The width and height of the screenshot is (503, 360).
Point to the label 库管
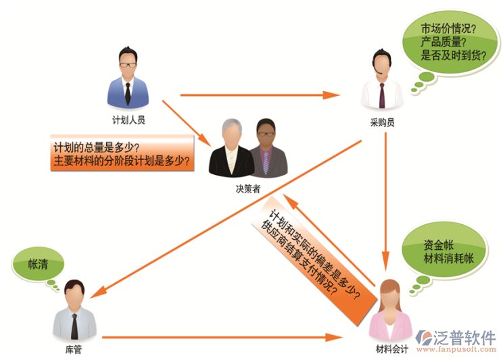click(x=72, y=349)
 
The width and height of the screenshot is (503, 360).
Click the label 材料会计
click(x=391, y=349)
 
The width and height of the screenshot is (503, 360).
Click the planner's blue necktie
click(x=128, y=90)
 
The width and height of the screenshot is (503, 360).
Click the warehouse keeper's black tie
click(x=73, y=324)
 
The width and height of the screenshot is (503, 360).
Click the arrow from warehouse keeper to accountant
click(x=223, y=335)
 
